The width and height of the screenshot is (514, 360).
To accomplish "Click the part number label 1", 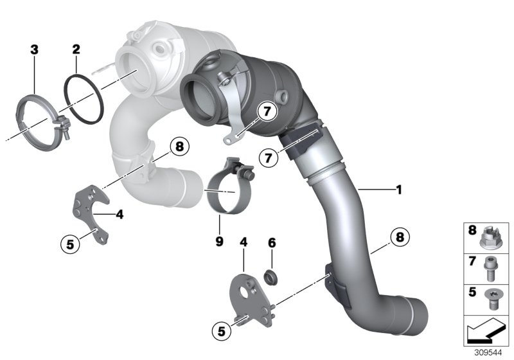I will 399,190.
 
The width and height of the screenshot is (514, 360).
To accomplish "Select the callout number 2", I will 76,49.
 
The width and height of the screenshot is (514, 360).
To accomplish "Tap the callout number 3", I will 34,49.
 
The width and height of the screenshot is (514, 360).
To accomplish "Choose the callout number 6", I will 271,244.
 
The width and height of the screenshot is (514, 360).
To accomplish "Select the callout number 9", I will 219,241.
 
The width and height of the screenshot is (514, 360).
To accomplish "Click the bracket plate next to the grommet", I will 247,297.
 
